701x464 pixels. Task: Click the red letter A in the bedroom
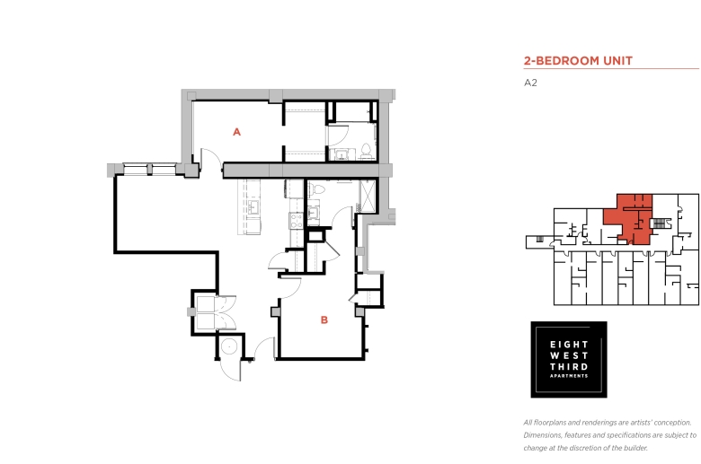237,132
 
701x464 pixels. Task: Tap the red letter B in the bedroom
324,320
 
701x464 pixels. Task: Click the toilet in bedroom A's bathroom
366,152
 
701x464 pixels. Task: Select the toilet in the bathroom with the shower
318,188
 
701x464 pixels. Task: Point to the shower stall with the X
368,196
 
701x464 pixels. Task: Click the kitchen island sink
254,207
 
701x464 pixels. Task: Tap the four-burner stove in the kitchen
296,220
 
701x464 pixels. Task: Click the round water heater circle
229,346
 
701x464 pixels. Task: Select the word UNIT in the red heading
617,61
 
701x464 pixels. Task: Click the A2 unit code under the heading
530,83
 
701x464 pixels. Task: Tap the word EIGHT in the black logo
569,345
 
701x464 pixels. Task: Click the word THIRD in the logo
569,367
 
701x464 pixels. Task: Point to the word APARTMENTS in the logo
569,376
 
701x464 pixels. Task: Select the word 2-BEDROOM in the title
562,61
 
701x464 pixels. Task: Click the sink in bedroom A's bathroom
342,155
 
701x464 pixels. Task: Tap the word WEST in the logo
569,355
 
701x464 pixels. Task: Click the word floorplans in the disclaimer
550,423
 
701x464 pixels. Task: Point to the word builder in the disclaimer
635,448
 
